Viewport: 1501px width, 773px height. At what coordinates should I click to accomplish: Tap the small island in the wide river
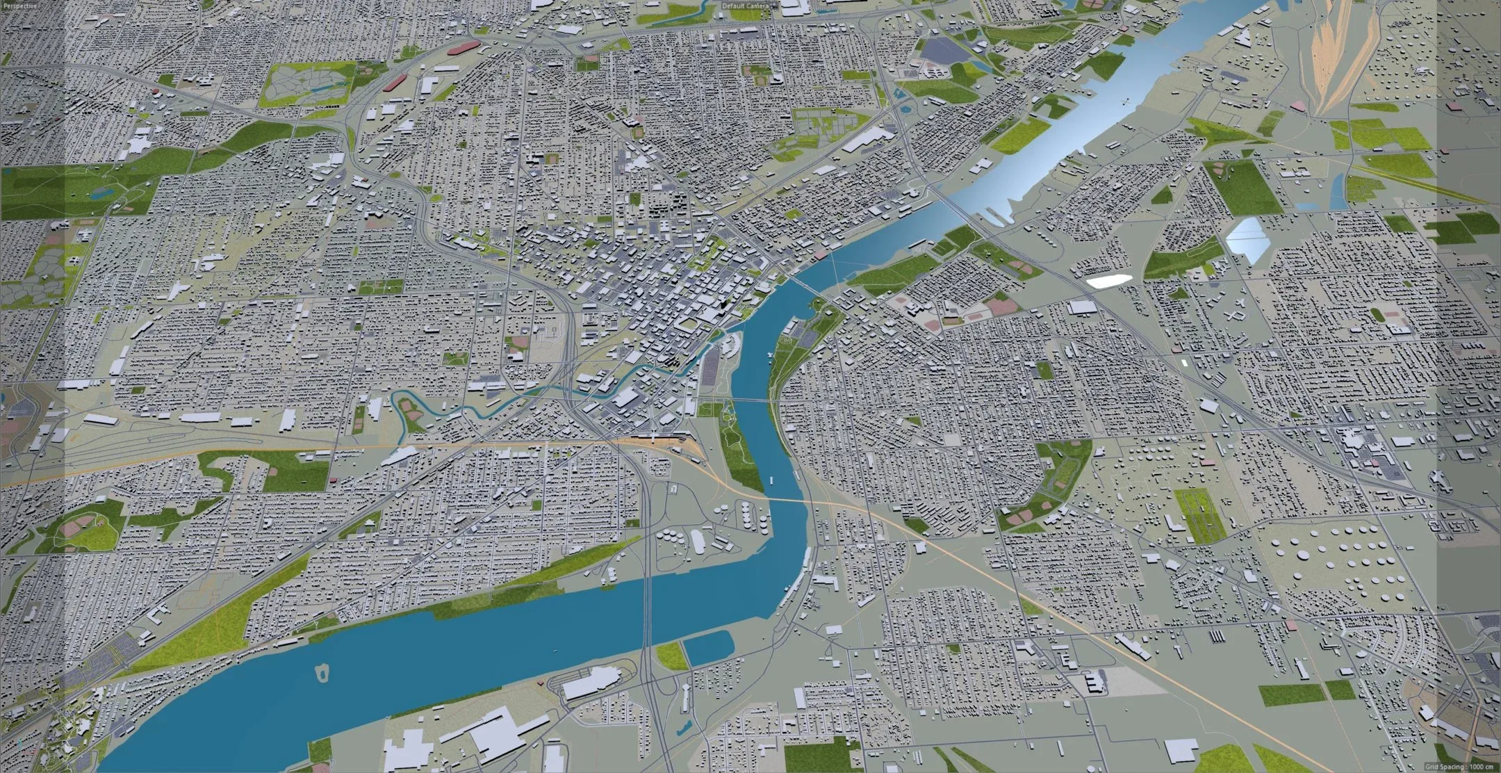click(x=322, y=672)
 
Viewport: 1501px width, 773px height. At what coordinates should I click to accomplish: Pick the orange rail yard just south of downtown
click(x=653, y=438)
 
